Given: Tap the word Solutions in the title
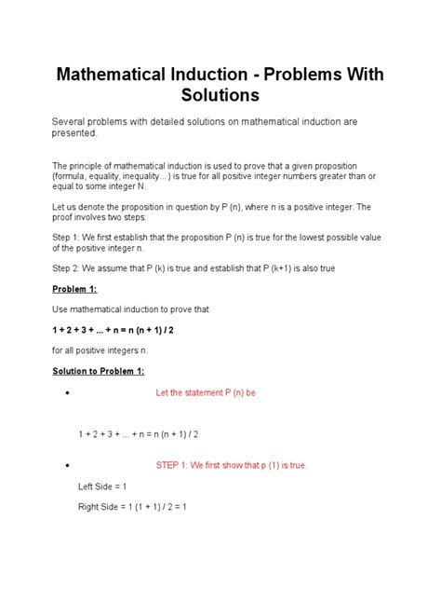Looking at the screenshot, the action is [x=220, y=96].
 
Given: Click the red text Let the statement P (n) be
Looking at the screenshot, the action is [x=205, y=392].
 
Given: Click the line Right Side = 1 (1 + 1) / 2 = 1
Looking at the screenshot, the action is [x=133, y=508].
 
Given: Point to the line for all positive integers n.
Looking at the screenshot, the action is [x=100, y=350].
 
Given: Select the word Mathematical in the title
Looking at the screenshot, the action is [x=117, y=73].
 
